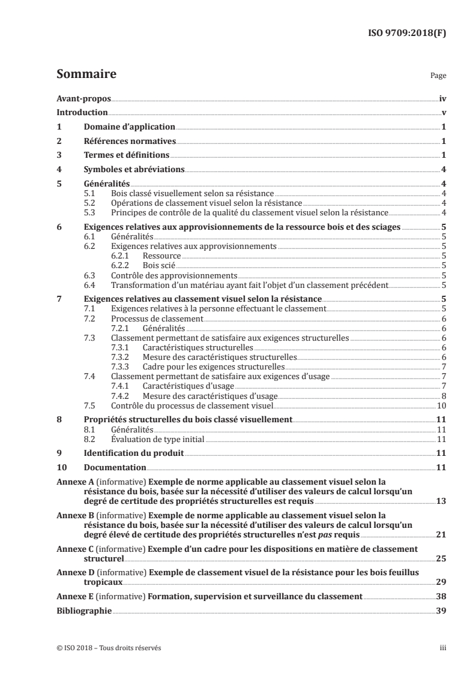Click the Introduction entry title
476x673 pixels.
pyautogui.click(x=82, y=112)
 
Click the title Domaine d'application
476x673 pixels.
pyautogui.click(x=129, y=127)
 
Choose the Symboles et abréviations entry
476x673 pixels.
pyautogui.click(x=134, y=170)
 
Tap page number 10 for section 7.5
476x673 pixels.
pyautogui.click(x=440, y=406)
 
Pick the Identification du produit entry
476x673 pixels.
pyautogui.click(x=133, y=453)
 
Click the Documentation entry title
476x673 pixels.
pyautogui.click(x=115, y=467)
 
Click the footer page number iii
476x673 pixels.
pyautogui.click(x=442, y=648)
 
